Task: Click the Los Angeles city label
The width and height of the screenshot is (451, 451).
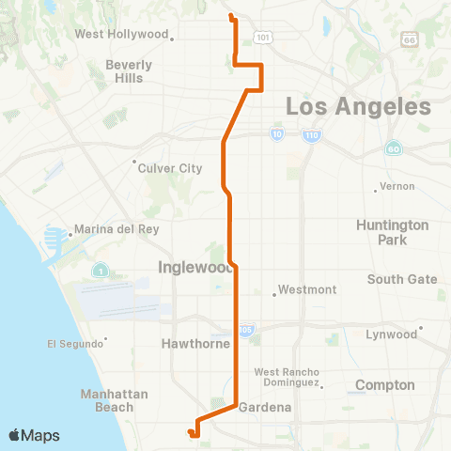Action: pyautogui.click(x=358, y=106)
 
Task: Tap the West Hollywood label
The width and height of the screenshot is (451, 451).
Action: pyautogui.click(x=120, y=35)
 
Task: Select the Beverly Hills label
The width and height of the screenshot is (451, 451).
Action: pyautogui.click(x=129, y=71)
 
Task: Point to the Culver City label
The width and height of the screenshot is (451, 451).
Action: pyautogui.click(x=170, y=168)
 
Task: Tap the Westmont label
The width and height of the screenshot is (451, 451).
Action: pyautogui.click(x=307, y=289)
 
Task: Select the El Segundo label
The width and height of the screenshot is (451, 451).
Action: pyautogui.click(x=73, y=343)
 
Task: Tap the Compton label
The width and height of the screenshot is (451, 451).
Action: pyautogui.click(x=385, y=385)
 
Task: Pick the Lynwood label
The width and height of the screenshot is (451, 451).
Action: pyautogui.click(x=391, y=334)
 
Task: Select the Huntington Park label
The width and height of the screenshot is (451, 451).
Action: pyautogui.click(x=393, y=232)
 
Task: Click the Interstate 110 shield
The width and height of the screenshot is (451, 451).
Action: pyautogui.click(x=312, y=136)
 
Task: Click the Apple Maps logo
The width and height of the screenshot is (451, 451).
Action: pyautogui.click(x=34, y=435)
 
